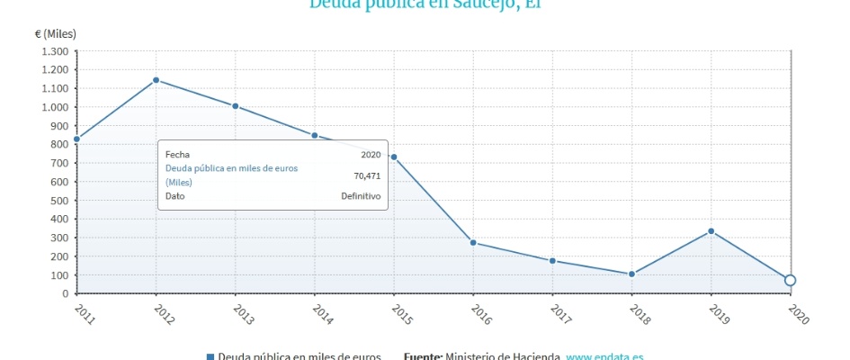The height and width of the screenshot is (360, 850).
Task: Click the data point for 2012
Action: (x=156, y=80)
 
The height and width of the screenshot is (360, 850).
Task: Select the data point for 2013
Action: (x=236, y=106)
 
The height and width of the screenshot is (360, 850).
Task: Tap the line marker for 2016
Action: (x=473, y=243)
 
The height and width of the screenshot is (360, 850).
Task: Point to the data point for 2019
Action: (x=711, y=231)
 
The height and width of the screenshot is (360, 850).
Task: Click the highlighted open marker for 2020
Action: (x=790, y=280)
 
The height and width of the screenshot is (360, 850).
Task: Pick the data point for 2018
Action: (x=631, y=274)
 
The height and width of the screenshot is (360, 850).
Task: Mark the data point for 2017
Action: (x=552, y=261)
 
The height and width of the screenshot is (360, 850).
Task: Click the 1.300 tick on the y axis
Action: (x=54, y=51)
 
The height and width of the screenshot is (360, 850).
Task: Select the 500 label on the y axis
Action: (x=59, y=200)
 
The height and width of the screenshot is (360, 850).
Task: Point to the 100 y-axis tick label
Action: (x=59, y=274)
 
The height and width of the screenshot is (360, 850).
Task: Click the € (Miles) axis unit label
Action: (x=56, y=33)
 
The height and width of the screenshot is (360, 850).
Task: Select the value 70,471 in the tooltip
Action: (x=367, y=175)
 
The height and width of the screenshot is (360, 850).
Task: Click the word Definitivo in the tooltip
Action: (x=361, y=196)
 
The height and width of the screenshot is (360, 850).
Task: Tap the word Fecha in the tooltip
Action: (x=177, y=155)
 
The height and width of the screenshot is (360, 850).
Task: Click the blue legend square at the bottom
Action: (x=210, y=356)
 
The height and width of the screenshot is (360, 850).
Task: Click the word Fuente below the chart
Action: (x=422, y=356)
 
